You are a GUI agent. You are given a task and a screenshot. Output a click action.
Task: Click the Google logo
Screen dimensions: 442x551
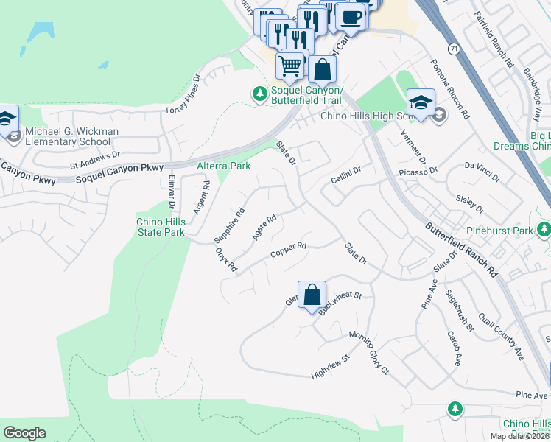24,433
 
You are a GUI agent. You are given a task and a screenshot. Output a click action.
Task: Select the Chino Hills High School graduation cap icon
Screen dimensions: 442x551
421,102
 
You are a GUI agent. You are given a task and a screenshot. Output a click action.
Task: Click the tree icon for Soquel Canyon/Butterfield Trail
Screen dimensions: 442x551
259,94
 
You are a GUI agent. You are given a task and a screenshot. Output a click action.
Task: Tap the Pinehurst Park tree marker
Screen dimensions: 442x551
544,231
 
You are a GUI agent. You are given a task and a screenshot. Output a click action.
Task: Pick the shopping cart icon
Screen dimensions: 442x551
291,66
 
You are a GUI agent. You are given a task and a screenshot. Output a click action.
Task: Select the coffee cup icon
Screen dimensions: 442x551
351,17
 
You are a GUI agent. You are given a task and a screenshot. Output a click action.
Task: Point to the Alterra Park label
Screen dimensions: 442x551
223,166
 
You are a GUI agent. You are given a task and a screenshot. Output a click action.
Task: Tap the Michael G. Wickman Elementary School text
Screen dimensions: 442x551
71,136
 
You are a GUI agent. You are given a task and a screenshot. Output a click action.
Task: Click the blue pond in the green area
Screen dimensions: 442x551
41,31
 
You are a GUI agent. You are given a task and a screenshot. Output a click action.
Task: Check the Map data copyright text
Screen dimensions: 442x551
520,436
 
